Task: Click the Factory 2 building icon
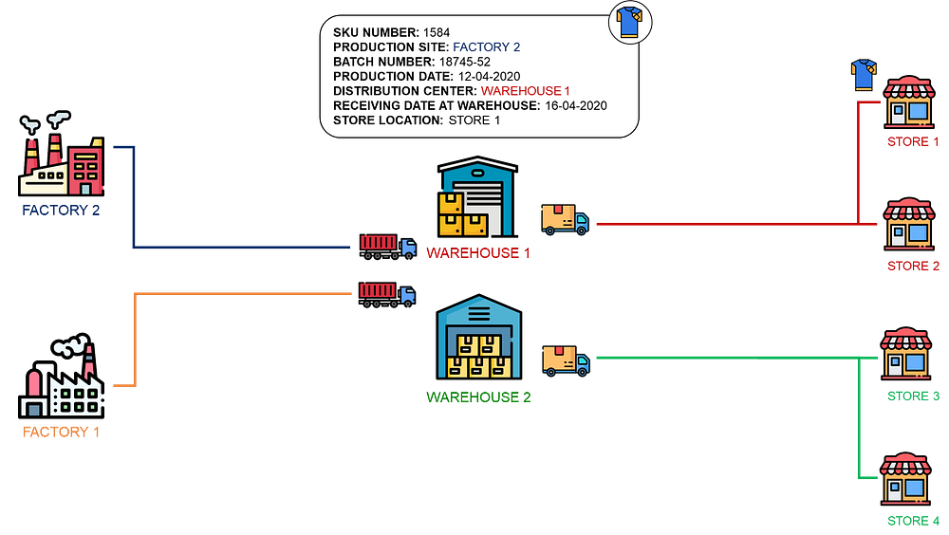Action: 63,161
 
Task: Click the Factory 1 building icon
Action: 63,385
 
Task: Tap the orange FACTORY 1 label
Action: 61,432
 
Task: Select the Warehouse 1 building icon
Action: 476,198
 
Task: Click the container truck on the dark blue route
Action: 387,246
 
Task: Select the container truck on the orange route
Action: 386,294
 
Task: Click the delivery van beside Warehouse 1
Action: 565,219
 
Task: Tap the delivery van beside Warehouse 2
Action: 566,360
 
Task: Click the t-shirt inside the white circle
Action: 630,22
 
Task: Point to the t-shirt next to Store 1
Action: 864,75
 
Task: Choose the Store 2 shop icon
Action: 909,225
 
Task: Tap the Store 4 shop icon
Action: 905,478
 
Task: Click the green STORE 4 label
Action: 912,520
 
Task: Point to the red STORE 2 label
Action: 912,266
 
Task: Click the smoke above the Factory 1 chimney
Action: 72,345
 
